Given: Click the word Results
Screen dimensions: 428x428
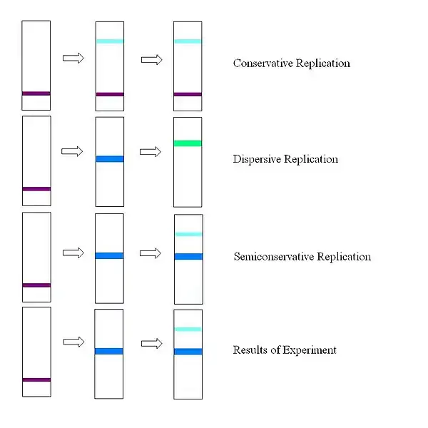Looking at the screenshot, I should coord(249,350).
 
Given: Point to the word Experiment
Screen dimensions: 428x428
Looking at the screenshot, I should coord(310,350).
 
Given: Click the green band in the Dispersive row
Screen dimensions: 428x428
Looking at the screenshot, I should coord(188,143).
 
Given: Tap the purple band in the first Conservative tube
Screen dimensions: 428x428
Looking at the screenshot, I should coord(36,93).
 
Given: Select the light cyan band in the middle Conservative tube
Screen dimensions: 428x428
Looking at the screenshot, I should coord(109,41).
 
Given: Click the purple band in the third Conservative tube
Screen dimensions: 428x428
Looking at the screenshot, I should coord(188,94).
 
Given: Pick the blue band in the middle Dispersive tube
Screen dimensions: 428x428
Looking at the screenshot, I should coord(109,159).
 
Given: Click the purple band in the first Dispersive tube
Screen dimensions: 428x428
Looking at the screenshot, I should coord(36,189).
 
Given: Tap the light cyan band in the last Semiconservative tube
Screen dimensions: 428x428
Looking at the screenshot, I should coord(188,234).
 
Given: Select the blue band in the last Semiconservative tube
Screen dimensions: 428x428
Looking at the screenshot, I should coord(188,256).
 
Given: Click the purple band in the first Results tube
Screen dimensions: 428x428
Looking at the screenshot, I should coord(36,379).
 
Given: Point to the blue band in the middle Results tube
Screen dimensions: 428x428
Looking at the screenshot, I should coord(109,351).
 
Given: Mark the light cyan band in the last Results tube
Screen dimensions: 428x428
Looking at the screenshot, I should coord(188,329).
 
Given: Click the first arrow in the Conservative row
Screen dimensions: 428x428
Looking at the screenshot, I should coord(73,58).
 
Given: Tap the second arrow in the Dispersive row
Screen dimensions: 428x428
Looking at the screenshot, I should coord(151,152).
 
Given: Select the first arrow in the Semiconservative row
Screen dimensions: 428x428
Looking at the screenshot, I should coord(73,253).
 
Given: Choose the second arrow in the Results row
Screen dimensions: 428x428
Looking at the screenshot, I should coord(151,343).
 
